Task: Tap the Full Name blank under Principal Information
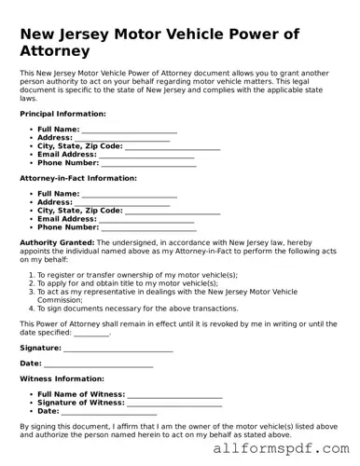tap(129, 130)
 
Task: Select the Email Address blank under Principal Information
tap(140, 155)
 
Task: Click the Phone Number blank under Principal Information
tap(147, 163)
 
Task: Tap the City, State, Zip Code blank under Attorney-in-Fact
tap(172, 211)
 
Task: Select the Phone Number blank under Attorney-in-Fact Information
tap(147, 227)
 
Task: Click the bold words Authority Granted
tap(54, 241)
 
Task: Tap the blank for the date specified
tap(90, 332)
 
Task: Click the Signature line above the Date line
tap(118, 348)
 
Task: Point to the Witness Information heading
tap(56, 379)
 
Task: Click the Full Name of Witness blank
tap(173, 395)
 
